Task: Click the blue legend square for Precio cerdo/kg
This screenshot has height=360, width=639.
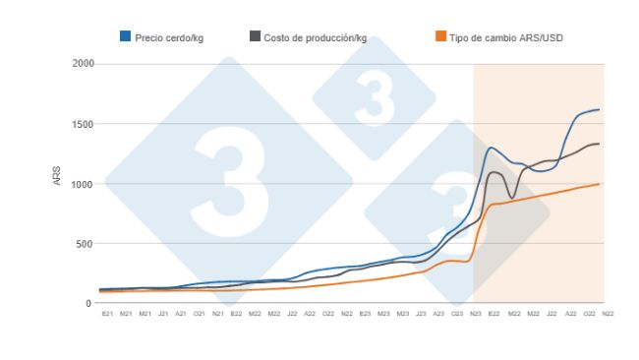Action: point(125,36)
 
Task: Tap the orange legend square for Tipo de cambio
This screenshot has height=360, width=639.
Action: point(439,36)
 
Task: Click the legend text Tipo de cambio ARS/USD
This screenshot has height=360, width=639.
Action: point(505,37)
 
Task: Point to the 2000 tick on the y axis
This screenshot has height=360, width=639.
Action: point(83,64)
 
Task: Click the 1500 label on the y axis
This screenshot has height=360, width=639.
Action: point(83,124)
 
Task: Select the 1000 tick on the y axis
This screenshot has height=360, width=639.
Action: point(83,184)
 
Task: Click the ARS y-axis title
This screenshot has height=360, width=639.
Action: point(56,182)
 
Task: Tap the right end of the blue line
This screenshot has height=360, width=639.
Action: point(600,109)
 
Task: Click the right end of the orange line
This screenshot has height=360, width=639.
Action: point(600,184)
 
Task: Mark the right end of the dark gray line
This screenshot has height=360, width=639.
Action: point(600,144)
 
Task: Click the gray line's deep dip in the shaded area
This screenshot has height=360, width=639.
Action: point(512,198)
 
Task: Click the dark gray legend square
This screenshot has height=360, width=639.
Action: point(256,36)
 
